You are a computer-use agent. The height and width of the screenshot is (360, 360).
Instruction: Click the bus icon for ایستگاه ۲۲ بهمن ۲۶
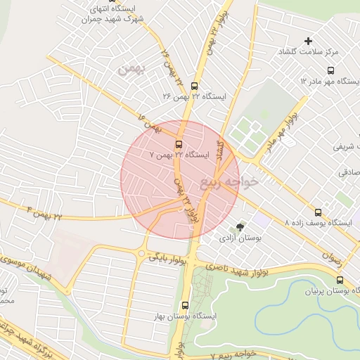tap(195, 86)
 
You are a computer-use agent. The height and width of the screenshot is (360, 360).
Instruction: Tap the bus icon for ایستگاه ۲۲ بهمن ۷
tap(178, 143)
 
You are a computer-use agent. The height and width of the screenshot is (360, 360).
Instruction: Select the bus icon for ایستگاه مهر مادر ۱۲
tap(330, 70)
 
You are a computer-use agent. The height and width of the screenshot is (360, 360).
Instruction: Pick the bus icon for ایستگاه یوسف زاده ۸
tap(319, 212)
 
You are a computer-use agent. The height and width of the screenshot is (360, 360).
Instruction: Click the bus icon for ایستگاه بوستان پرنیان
tap(340, 280)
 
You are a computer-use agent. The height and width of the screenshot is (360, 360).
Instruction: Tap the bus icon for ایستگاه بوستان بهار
tap(185, 305)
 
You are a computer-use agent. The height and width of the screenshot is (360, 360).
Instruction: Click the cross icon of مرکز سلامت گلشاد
tap(308, 41)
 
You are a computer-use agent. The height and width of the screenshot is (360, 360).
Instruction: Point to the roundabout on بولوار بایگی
tap(142, 253)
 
